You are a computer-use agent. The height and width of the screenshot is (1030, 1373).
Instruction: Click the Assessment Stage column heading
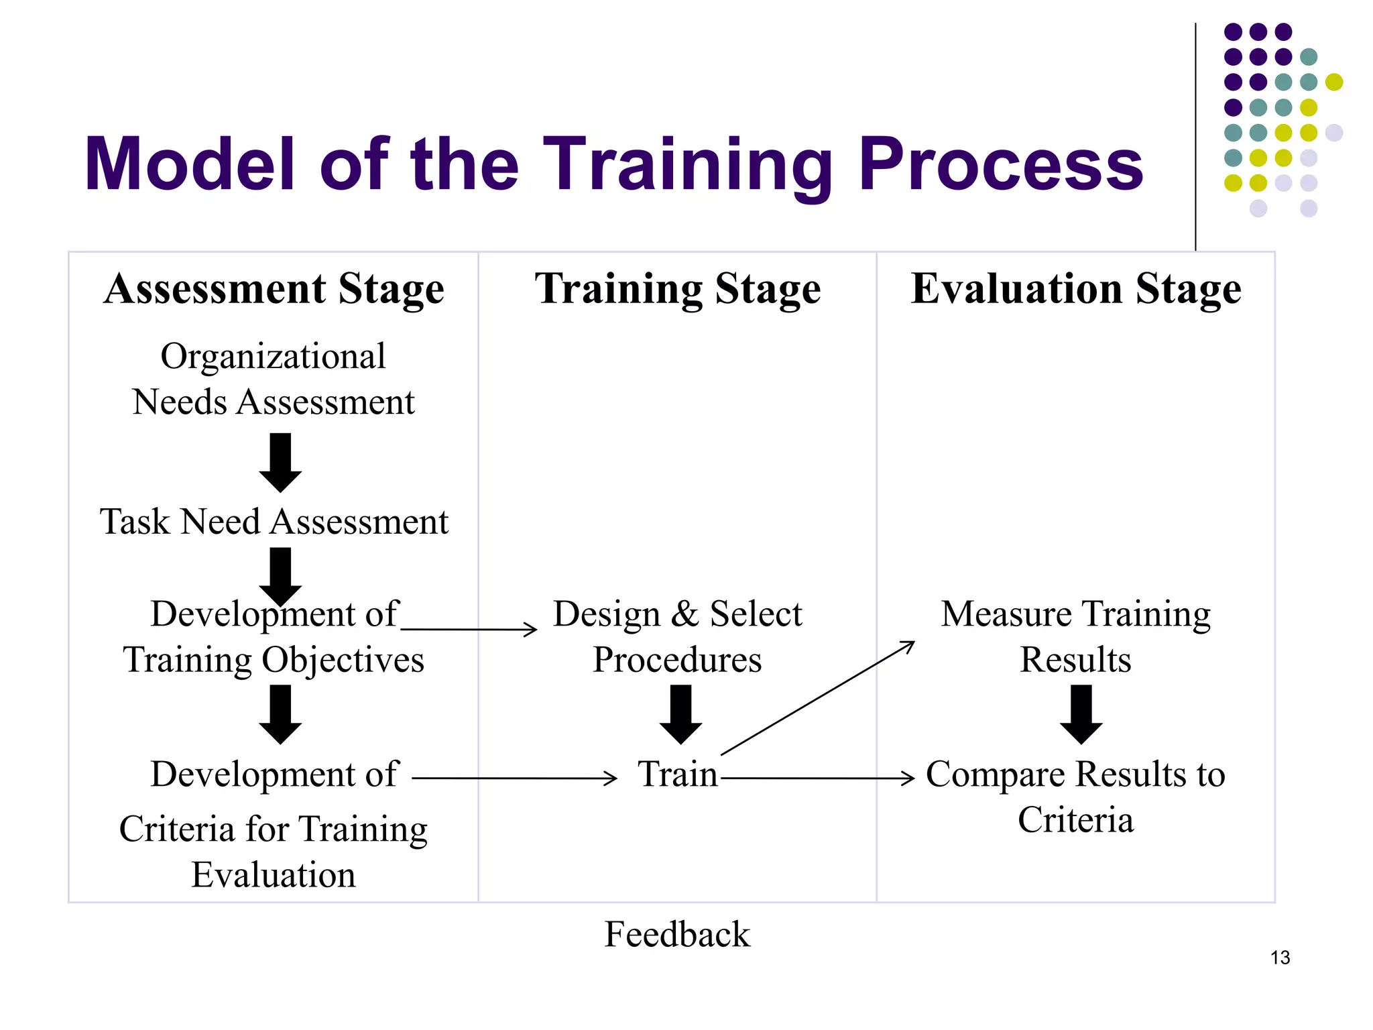pyautogui.click(x=274, y=289)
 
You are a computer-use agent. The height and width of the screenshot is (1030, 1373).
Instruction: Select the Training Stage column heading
pyautogui.click(x=677, y=289)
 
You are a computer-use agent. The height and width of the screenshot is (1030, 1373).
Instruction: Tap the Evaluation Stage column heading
pyautogui.click(x=1075, y=289)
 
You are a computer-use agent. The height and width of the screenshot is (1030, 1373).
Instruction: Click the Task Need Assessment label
pyautogui.click(x=274, y=522)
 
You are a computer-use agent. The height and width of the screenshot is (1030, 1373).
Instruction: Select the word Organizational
pyautogui.click(x=274, y=356)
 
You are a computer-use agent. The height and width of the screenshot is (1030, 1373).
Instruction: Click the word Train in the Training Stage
pyautogui.click(x=677, y=775)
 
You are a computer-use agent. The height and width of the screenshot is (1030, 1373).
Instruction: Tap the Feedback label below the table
pyautogui.click(x=677, y=934)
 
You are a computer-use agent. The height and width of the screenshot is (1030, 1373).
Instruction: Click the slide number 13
pyautogui.click(x=1280, y=958)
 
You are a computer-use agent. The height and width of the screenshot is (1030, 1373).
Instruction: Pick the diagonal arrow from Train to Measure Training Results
pyautogui.click(x=818, y=698)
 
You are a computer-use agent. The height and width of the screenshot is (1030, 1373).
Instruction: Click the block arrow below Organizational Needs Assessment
pyautogui.click(x=280, y=462)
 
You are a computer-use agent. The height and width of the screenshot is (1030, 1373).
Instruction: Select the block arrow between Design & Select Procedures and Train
pyautogui.click(x=680, y=714)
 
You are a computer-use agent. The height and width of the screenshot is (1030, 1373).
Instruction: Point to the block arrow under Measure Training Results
pyautogui.click(x=1081, y=714)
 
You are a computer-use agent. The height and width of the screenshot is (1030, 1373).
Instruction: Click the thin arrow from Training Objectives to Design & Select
pyautogui.click(x=469, y=630)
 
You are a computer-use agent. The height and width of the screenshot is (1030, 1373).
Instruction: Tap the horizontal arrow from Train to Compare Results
pyautogui.click(x=818, y=778)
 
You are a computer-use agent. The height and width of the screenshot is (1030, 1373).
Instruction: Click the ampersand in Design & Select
pyautogui.click(x=684, y=614)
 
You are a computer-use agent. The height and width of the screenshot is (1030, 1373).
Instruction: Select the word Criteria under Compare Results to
pyautogui.click(x=1075, y=820)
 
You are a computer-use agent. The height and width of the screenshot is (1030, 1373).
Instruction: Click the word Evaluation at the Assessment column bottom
pyautogui.click(x=274, y=875)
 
